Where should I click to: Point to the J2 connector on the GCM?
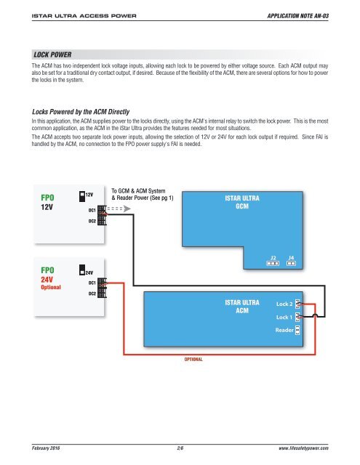273,262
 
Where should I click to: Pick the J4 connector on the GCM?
291,262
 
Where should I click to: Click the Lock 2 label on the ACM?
284,304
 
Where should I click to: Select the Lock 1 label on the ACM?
284,318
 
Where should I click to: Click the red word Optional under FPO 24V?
51,287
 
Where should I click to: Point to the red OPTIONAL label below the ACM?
192,359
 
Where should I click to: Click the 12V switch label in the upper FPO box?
89,195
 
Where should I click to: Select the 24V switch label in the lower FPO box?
89,270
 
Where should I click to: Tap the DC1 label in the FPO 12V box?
92,210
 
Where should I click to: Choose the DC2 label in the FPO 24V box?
92,294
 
